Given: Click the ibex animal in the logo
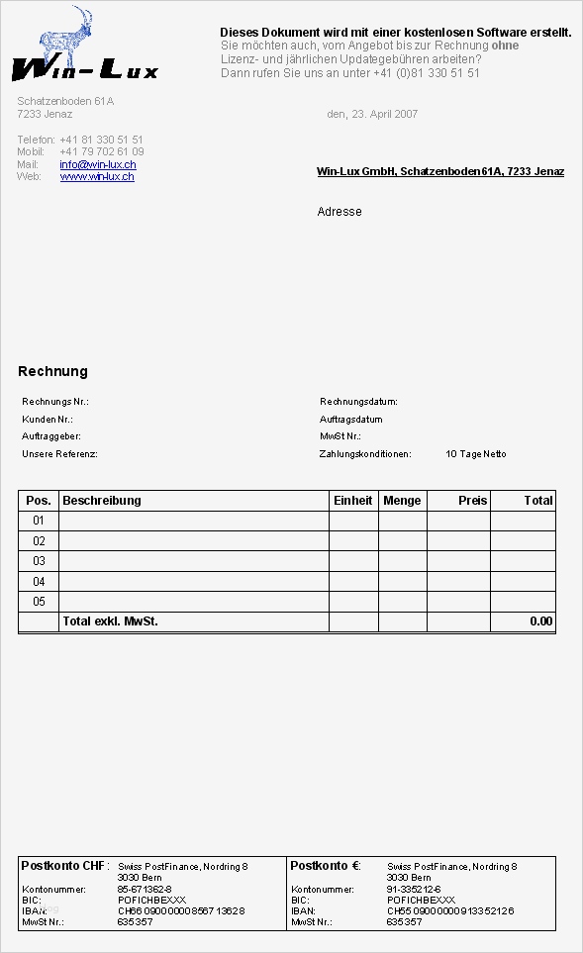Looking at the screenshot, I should click(x=70, y=38).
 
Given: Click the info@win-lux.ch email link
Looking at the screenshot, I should click(x=98, y=164).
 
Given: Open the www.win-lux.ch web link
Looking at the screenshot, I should click(x=97, y=176).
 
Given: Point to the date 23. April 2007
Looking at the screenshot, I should click(x=372, y=114).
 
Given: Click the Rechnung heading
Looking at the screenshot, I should click(x=52, y=371).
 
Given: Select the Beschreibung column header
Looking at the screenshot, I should click(x=102, y=501).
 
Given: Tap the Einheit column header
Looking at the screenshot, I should click(x=353, y=501).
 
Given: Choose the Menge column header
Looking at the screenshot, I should click(x=402, y=501).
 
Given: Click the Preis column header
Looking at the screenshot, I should click(x=472, y=501).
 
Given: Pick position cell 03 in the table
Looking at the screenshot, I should click(x=40, y=561).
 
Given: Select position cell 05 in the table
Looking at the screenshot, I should click(x=40, y=602).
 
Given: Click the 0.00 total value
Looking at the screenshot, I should click(x=540, y=621).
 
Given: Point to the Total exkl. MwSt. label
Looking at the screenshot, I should click(x=110, y=621).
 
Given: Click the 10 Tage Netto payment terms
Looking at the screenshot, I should click(x=476, y=454).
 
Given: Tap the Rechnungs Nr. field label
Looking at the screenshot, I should click(x=55, y=402).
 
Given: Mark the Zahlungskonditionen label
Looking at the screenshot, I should click(x=364, y=454).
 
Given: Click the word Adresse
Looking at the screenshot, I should click(x=340, y=212).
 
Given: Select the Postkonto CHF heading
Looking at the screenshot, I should click(x=64, y=866).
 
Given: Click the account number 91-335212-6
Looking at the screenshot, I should click(x=414, y=890).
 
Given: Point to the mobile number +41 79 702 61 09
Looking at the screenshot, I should click(x=101, y=151).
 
